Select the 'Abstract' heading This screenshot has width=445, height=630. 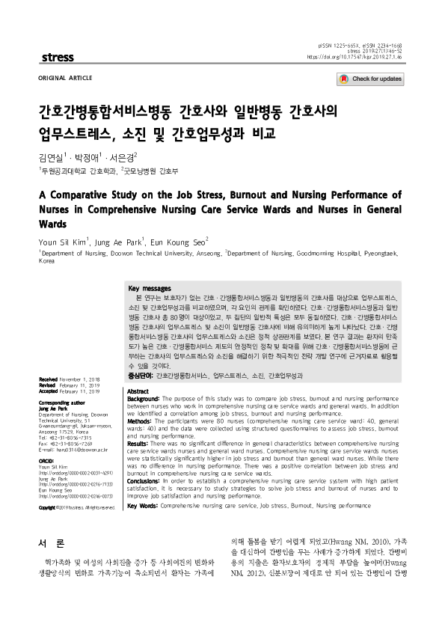[x=138, y=370]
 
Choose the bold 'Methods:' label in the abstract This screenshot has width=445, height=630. [x=141, y=400]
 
